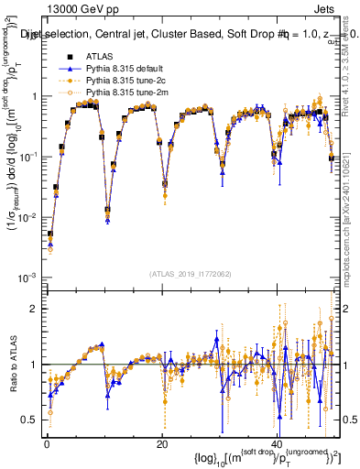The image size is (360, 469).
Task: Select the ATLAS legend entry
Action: tap(98, 58)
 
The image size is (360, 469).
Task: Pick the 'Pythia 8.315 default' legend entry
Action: tap(127, 70)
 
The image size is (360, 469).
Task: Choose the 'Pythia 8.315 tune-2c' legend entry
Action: tap(127, 82)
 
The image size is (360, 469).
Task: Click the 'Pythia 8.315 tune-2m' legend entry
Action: tap(128, 93)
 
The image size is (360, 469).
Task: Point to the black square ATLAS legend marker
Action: tap(67, 58)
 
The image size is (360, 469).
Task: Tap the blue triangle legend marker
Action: tap(67, 70)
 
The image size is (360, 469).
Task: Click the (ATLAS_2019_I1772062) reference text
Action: tap(191, 273)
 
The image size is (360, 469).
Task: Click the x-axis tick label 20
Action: tap(162, 444)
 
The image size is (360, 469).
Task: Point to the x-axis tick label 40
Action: tap(278, 444)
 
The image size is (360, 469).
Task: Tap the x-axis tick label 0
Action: tap(47, 444)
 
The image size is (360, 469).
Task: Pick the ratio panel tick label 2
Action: tap(33, 309)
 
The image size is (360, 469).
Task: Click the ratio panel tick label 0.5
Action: tap(29, 419)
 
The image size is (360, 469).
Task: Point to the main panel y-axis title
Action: tap(13, 165)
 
